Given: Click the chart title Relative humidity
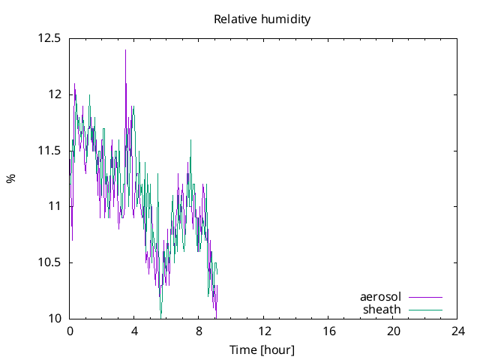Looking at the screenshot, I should (x=262, y=19).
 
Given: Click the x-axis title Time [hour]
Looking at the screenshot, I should (x=262, y=349).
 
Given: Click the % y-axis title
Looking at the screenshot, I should (x=10, y=178).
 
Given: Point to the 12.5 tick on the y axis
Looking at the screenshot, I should (x=49, y=37).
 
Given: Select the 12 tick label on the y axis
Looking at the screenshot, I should (x=55, y=94).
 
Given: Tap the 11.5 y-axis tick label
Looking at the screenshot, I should (x=49, y=150).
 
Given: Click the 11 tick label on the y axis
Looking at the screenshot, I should (x=55, y=206).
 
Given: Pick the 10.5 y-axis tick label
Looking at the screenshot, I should (x=49, y=262).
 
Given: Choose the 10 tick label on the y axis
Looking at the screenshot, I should (x=55, y=319).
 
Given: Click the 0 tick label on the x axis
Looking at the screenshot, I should (x=70, y=331).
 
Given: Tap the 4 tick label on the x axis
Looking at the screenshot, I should (x=134, y=331).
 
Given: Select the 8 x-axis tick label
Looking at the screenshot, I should (x=199, y=331).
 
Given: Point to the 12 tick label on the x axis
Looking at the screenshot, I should (x=264, y=331).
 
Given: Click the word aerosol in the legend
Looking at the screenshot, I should (x=381, y=297).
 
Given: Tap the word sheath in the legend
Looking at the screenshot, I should (x=382, y=309).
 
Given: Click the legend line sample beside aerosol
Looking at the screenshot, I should (x=425, y=297).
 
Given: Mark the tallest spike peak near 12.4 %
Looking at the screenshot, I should (x=125, y=49).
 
